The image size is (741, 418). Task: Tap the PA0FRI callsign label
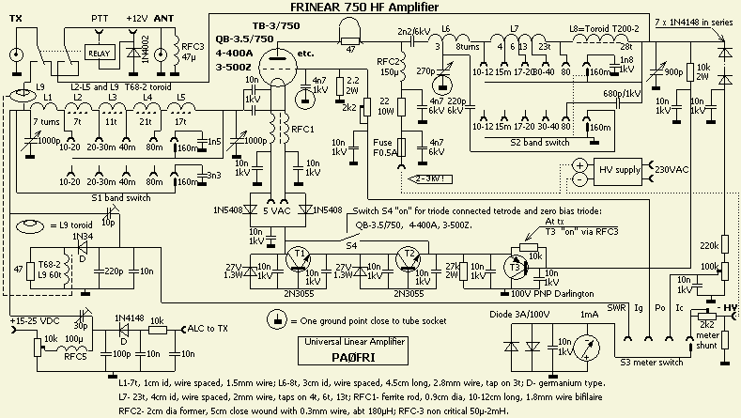coord(351,357)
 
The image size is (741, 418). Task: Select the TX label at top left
coord(15,19)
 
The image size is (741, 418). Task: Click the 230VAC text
coord(671,171)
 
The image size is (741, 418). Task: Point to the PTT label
coord(99,19)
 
